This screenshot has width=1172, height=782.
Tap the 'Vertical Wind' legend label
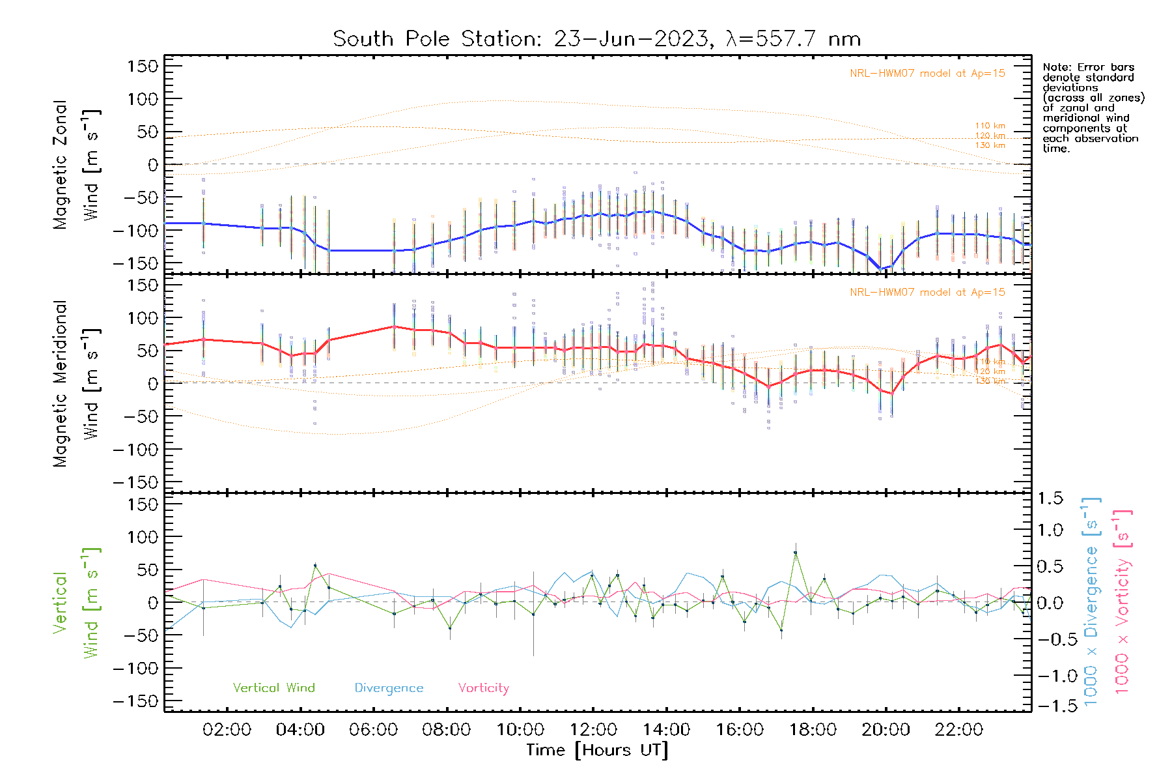pyautogui.click(x=273, y=688)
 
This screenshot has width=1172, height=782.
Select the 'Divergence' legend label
pyautogui.click(x=389, y=688)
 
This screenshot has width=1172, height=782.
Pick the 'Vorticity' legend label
pyautogui.click(x=483, y=688)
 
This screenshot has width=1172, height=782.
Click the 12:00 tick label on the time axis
pyautogui.click(x=593, y=730)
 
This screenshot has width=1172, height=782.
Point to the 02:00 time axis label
pyautogui.click(x=227, y=730)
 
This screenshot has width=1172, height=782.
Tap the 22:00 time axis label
pyautogui.click(x=958, y=730)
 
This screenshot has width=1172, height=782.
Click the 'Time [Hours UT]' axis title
pyautogui.click(x=597, y=750)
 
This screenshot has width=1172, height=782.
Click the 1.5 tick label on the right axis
pyautogui.click(x=1050, y=499)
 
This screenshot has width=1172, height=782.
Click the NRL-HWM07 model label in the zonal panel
pyautogui.click(x=927, y=74)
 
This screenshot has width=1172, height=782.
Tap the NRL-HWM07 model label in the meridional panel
pyautogui.click(x=927, y=293)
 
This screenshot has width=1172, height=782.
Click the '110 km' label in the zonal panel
pyautogui.click(x=990, y=126)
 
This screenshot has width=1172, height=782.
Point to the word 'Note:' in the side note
pyautogui.click(x=1055, y=67)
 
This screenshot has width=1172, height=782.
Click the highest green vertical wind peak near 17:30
pyautogui.click(x=795, y=553)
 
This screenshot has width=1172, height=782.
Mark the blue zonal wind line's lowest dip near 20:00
pyautogui.click(x=881, y=268)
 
